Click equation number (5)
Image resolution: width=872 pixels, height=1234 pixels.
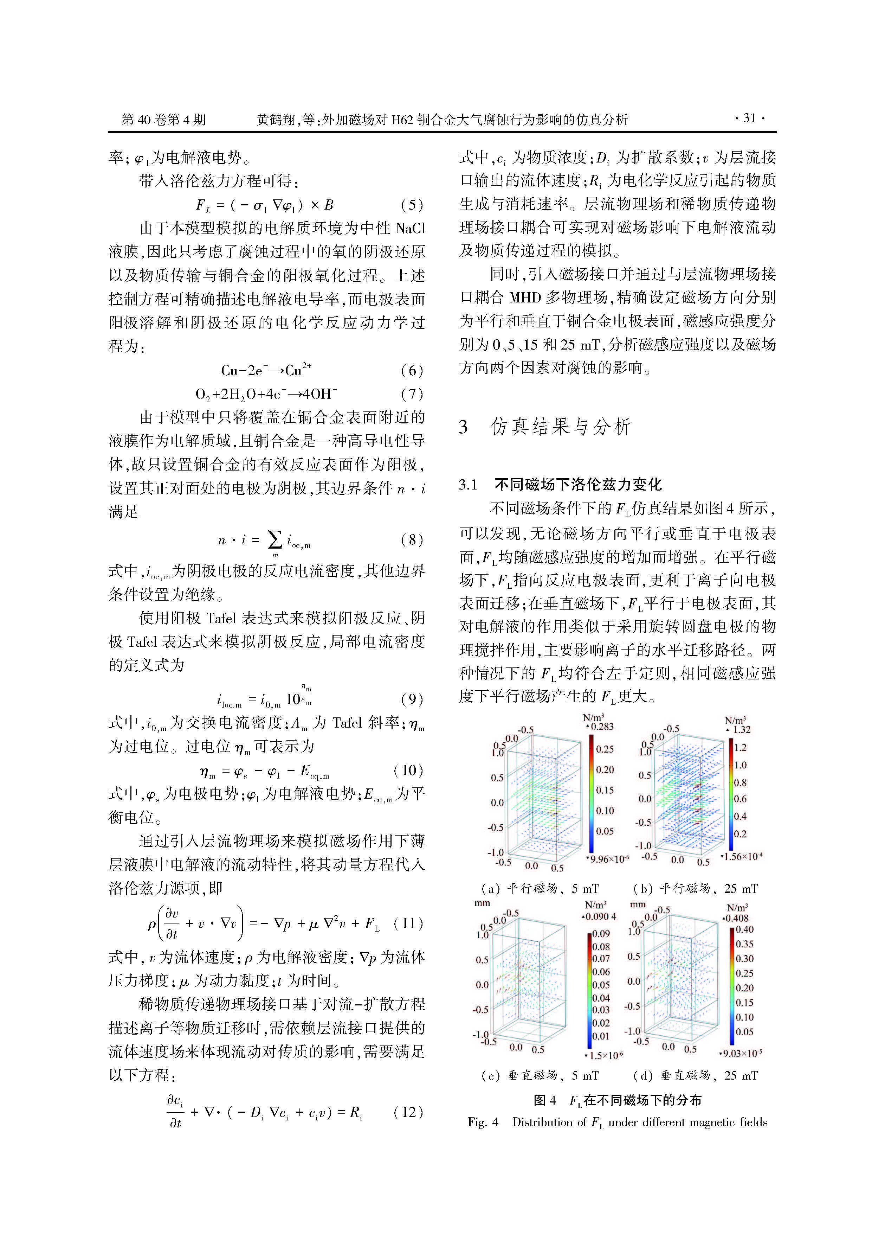(x=412, y=205)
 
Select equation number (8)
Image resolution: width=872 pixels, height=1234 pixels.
(x=412, y=539)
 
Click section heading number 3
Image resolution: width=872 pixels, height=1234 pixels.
(x=463, y=427)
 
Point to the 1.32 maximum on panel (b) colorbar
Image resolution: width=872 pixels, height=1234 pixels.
(x=742, y=729)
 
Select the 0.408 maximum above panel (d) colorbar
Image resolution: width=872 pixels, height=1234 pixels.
(x=737, y=919)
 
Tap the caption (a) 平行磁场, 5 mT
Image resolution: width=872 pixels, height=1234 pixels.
(x=540, y=888)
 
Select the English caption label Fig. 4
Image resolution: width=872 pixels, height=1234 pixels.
(x=483, y=1122)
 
